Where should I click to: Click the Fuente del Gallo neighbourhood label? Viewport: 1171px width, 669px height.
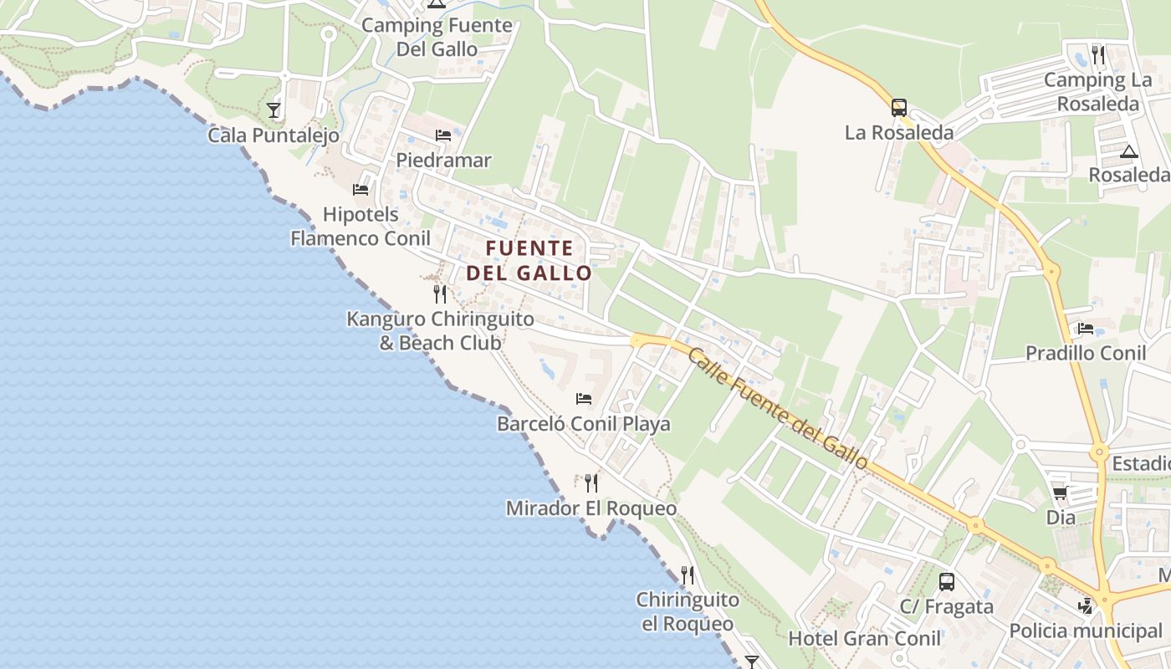coord(529,260)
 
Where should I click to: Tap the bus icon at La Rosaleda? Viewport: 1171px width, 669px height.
coord(899,107)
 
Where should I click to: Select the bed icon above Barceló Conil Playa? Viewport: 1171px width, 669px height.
coord(584,398)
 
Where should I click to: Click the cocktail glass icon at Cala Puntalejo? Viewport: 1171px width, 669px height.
coord(274,110)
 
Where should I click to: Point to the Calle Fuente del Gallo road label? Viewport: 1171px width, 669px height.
coord(779,409)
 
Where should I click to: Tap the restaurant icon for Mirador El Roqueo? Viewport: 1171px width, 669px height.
coord(591,483)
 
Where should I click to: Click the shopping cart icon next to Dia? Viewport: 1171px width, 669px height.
coord(1060,493)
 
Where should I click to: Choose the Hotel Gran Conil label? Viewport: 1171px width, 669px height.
coord(864,639)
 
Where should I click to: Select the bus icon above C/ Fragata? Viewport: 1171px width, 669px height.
coord(947,582)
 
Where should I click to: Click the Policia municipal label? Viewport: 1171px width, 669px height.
coord(1086,631)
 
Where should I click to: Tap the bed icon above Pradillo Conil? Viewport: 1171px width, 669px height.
coord(1086,328)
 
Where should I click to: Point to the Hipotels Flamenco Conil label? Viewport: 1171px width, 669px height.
coord(361,227)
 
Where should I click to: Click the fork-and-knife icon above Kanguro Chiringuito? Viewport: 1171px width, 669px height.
coord(440,294)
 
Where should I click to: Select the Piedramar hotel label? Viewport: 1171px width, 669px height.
coord(443,160)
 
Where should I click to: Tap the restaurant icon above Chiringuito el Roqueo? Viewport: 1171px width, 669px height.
coord(688,575)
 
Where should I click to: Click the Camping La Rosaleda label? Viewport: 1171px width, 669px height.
coord(1097,92)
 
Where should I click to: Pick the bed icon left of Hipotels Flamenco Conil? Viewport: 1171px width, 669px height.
coord(361,189)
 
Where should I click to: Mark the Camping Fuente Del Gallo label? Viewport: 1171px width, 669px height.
coord(437,37)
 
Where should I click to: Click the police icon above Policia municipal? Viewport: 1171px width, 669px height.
coord(1086,605)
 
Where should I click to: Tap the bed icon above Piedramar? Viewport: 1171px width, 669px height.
coord(443,135)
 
